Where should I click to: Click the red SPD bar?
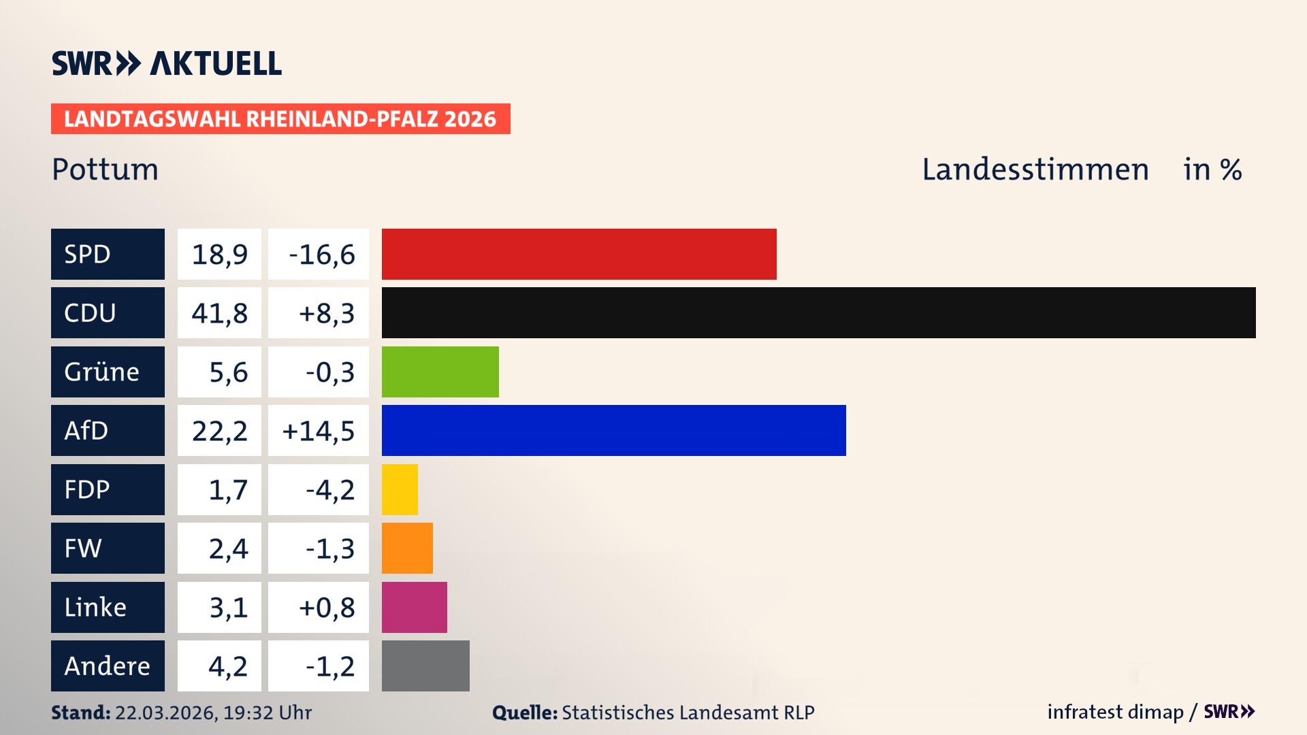[579, 254]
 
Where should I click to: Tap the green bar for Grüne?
[440, 372]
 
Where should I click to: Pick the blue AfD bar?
[613, 430]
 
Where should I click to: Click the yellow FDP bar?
[400, 489]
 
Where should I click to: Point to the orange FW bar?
[407, 548]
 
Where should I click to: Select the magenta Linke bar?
[414, 607]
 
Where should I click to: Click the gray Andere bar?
[425, 666]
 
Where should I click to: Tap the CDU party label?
[108, 312]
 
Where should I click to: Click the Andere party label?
[108, 666]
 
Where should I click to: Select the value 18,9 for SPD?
[219, 254]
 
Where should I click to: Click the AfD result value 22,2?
[219, 430]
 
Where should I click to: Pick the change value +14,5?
[318, 430]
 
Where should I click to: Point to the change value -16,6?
[321, 254]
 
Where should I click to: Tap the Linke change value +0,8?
[326, 607]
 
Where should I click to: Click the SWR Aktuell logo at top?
[167, 63]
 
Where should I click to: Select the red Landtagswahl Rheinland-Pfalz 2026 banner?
[280, 119]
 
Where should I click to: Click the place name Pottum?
[105, 169]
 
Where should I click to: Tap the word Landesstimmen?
[1035, 169]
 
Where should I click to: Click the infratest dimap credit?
[1115, 712]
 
